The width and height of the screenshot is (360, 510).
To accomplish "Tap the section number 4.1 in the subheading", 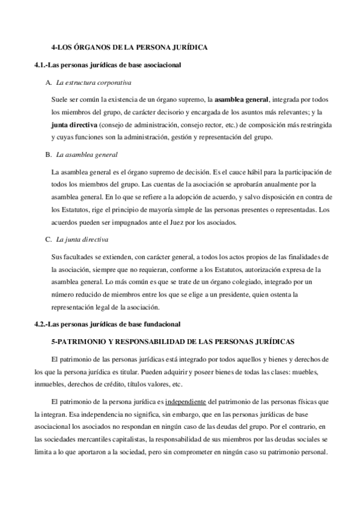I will [42, 64].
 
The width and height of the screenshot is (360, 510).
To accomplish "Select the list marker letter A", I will [48, 82].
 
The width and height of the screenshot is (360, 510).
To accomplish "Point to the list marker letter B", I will [48, 155].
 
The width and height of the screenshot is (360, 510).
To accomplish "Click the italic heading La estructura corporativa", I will [94, 82].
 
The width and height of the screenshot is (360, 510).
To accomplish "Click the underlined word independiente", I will [170, 401].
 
